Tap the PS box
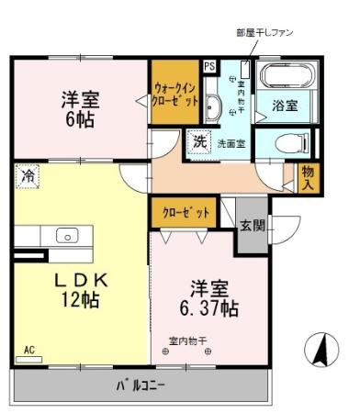[x=209, y=66]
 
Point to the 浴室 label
[x=285, y=106]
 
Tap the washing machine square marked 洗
[x=199, y=142]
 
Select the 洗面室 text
[x=231, y=143]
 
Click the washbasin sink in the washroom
[x=212, y=106]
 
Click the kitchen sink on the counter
[x=68, y=235]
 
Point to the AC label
[x=29, y=350]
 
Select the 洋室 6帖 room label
[x=80, y=108]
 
